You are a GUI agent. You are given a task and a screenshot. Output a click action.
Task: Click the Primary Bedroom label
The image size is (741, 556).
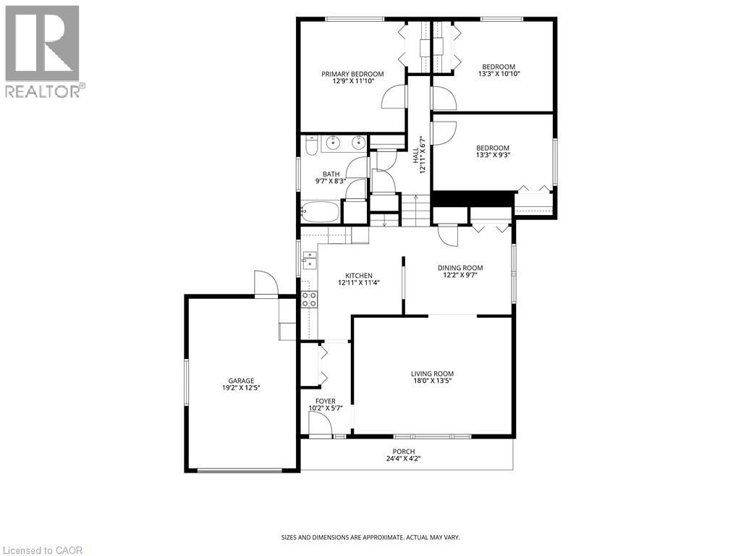point(352,74)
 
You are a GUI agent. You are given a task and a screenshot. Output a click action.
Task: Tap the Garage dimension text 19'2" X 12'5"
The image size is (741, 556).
point(241,388)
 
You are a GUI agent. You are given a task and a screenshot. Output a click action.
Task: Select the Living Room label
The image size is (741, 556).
point(433,374)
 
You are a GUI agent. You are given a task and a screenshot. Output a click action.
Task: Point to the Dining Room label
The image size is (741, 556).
point(460,268)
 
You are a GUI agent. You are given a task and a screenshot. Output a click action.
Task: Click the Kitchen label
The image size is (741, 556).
point(359,276)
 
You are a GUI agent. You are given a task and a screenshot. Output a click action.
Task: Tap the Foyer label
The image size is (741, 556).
point(326,401)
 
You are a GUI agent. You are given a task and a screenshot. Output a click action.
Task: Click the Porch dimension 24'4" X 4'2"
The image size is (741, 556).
point(404,458)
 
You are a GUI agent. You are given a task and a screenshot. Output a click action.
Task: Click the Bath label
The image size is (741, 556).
point(331,174)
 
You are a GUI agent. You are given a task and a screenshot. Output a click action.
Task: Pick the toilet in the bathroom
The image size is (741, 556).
point(310,146)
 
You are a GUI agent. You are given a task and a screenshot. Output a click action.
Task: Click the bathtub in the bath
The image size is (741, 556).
point(321,211)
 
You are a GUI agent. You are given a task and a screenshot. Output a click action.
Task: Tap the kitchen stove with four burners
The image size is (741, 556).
point(310,299)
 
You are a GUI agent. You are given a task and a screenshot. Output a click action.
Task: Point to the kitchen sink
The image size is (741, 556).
point(309,261)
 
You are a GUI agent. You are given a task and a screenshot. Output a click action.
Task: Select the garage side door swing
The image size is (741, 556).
point(266,283)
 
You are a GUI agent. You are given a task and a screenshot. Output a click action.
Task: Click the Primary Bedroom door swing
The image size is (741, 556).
point(394,97)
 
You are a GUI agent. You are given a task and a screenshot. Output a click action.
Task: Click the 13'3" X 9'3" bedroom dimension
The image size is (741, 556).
point(493,155)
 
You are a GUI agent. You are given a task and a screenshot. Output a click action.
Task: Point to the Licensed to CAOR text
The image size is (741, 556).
point(41,550)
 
